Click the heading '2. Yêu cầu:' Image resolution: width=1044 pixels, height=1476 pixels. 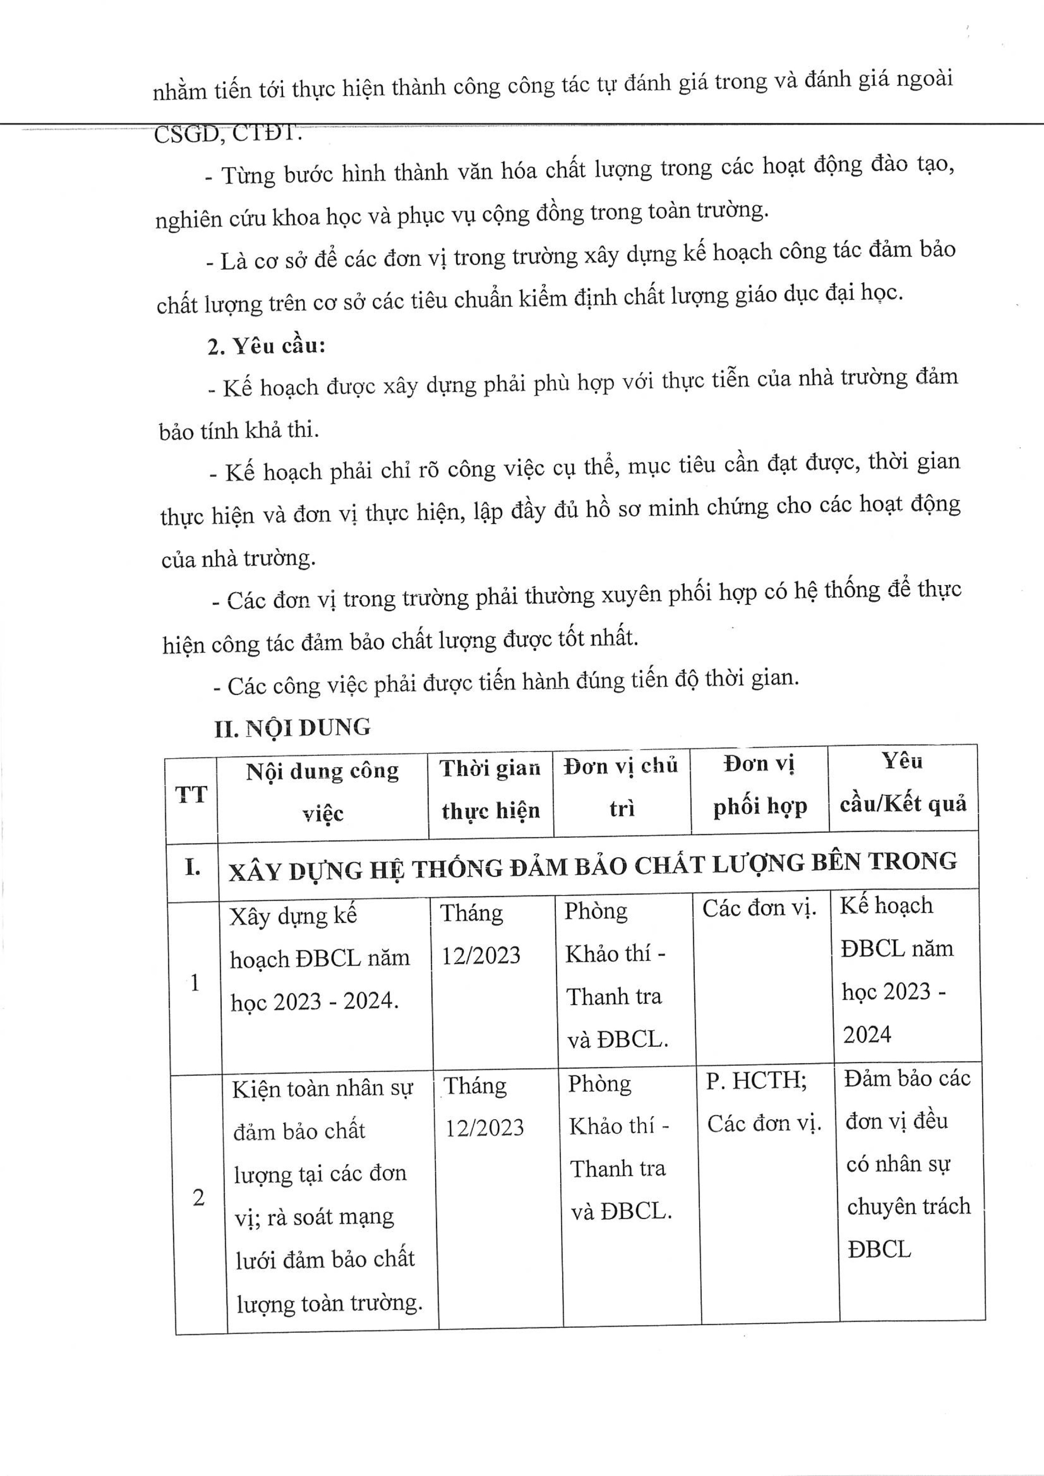coord(266,347)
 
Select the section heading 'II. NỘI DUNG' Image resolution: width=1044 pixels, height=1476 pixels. coord(293,728)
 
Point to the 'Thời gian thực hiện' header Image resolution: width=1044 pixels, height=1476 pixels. coord(490,790)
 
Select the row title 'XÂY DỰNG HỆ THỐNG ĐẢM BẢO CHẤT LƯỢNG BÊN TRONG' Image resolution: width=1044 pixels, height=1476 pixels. coord(593,865)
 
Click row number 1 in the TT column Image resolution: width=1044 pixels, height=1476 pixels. coord(195,982)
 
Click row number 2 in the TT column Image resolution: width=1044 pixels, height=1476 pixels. coord(199,1197)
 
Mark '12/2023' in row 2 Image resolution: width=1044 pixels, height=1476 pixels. coord(485,1128)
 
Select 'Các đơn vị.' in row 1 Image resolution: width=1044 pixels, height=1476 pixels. coord(758,908)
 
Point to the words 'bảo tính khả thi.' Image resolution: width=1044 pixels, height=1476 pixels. coord(239,430)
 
